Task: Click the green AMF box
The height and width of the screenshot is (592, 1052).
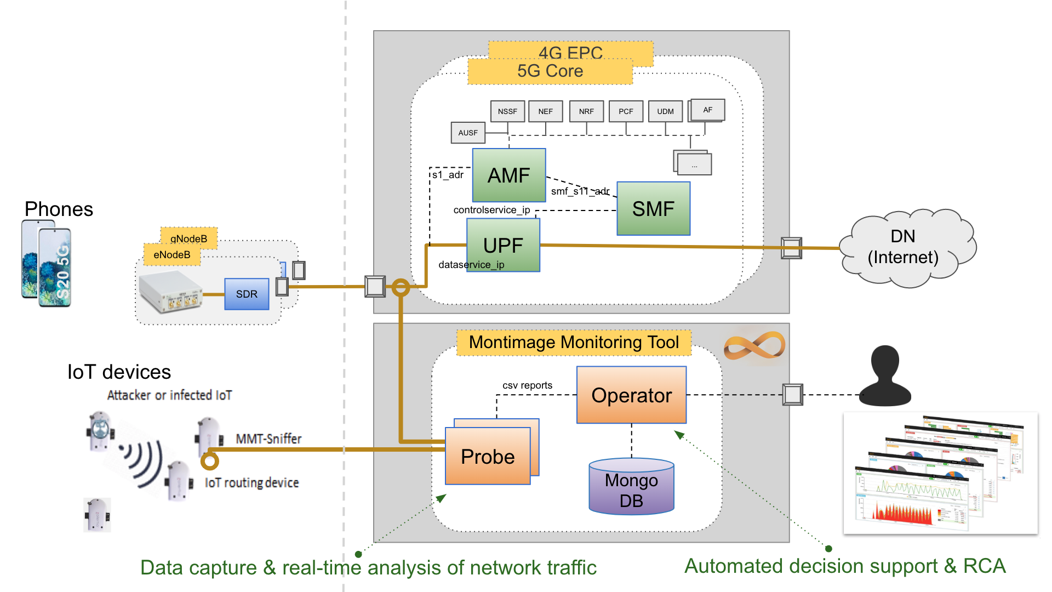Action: coord(509,175)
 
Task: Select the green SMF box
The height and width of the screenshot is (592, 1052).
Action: coord(653,209)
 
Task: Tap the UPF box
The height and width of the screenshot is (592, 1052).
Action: coord(503,245)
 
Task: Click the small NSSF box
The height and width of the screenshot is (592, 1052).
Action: coord(507,111)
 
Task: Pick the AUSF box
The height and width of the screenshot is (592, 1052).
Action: coord(468,133)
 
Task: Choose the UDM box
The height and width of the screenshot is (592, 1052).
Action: coord(665,111)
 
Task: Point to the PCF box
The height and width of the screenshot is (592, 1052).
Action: coord(626,111)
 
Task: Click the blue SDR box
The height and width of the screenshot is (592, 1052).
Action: coord(247,294)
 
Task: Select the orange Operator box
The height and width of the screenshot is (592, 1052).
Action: coord(631,395)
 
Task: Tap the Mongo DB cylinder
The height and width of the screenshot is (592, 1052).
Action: coord(631,487)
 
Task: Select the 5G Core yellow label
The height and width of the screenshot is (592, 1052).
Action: coord(550,71)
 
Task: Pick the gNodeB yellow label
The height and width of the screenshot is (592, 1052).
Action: coord(189,238)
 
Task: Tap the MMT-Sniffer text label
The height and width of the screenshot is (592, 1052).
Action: coord(268,439)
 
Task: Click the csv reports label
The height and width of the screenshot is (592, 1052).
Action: coord(527,385)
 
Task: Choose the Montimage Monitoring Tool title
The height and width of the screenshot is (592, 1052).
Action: coord(574,343)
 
